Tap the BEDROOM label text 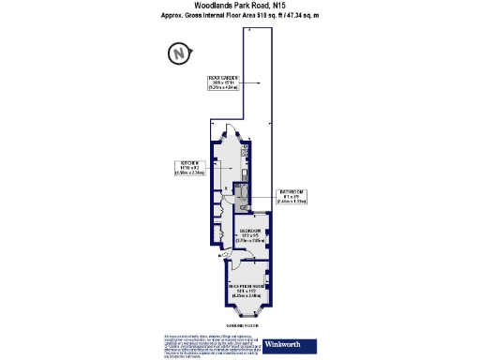(x=248, y=232)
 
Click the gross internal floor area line (x=240, y=16)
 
